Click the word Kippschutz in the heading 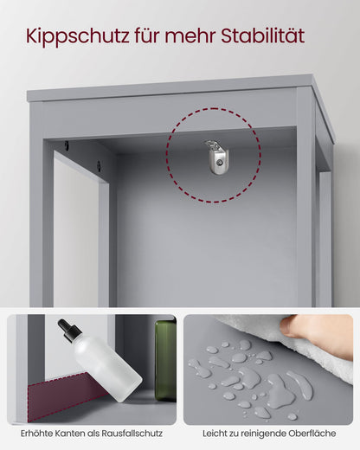(77, 36)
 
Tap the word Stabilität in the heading (263, 35)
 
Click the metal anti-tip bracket (217, 157)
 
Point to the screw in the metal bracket (220, 163)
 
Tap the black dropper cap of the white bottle (69, 331)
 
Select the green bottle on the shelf (165, 361)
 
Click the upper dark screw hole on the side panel (67, 145)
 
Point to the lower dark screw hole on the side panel (99, 166)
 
